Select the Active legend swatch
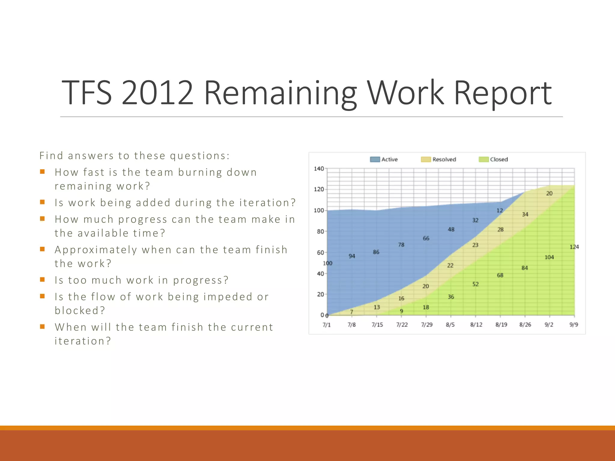pyautogui.click(x=375, y=159)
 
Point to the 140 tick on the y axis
pyautogui.click(x=319, y=169)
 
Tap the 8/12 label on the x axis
pyautogui.click(x=476, y=325)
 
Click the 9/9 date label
pyautogui.click(x=574, y=325)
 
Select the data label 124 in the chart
pyautogui.click(x=574, y=247)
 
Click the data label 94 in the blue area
pyautogui.click(x=352, y=256)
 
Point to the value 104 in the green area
pyautogui.click(x=549, y=257)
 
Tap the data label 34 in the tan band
pyautogui.click(x=525, y=214)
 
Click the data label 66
pyautogui.click(x=426, y=238)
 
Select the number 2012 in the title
pyautogui.click(x=157, y=93)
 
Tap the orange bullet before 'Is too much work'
pyautogui.click(x=42, y=280)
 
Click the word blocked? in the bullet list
pyautogui.click(x=80, y=310)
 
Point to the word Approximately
pyautogui.click(x=96, y=250)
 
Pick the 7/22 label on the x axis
pyautogui.click(x=402, y=325)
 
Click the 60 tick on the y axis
pyautogui.click(x=320, y=253)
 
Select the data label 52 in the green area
pyautogui.click(x=475, y=284)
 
